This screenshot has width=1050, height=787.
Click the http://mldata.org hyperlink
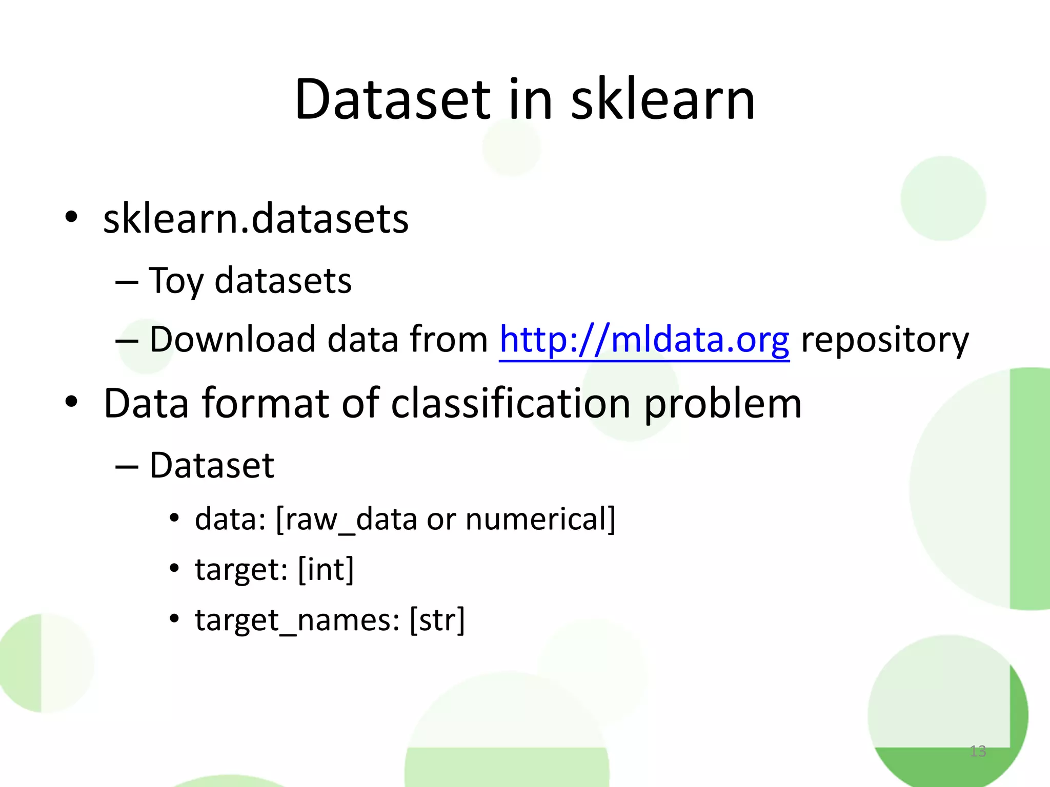click(644, 340)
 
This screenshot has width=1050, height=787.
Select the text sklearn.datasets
click(256, 219)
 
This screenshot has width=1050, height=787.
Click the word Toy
click(176, 281)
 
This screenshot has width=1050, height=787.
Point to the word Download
click(232, 340)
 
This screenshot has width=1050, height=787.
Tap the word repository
click(885, 341)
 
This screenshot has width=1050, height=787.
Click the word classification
click(511, 404)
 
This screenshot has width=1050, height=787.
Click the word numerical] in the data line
click(540, 519)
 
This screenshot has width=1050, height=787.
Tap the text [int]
click(326, 569)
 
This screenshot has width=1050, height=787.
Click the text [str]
click(437, 620)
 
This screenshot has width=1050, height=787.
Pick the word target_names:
click(297, 620)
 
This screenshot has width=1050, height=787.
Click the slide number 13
click(978, 751)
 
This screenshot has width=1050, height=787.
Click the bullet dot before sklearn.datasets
click(71, 217)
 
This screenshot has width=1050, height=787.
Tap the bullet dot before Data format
click(71, 402)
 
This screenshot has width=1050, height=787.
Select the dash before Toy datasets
click(127, 282)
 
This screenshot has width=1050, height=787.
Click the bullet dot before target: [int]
click(175, 568)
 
